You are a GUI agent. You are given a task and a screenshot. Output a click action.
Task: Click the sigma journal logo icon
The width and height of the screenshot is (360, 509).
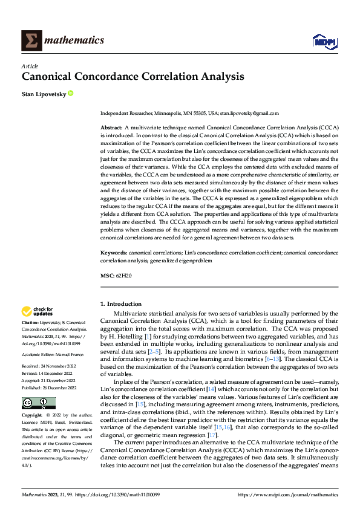coord(31,41)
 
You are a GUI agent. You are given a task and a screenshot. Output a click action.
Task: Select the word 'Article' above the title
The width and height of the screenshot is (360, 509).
coord(30,65)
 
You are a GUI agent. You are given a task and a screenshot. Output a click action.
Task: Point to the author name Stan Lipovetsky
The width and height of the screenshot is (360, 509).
coord(44,94)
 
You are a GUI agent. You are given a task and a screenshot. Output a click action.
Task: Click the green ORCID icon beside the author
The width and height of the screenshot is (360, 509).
coord(71,93)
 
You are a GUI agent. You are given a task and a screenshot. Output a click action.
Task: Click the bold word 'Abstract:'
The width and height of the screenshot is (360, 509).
coord(111,129)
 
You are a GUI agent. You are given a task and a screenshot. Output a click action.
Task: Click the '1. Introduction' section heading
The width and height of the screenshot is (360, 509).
coord(121,303)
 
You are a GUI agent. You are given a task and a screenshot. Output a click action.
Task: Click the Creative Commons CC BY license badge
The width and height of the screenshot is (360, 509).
coord(38,403)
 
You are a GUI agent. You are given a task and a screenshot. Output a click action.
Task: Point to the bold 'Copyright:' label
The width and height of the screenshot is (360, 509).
coord(33,417)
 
